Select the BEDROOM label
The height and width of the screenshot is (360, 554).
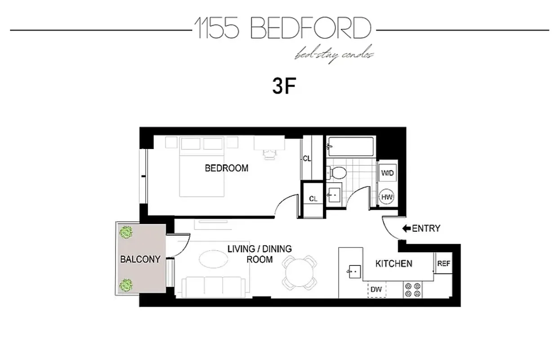click(x=226, y=168)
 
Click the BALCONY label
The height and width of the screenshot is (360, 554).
click(x=140, y=259)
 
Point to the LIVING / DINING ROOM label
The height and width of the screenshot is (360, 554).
click(x=259, y=254)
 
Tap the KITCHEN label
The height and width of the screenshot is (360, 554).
click(x=393, y=264)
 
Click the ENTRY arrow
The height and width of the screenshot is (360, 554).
click(x=407, y=229)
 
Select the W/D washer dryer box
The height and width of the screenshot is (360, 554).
click(x=387, y=173)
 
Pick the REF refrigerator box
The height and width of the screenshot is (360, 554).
click(x=443, y=263)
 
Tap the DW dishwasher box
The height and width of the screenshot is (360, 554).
click(x=376, y=289)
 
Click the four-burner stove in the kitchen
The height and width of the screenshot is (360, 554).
click(x=412, y=289)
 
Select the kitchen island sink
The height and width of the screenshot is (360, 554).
click(x=354, y=271)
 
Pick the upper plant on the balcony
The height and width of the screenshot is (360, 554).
click(x=126, y=233)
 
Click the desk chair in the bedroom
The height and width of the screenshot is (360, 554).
click(x=270, y=154)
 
